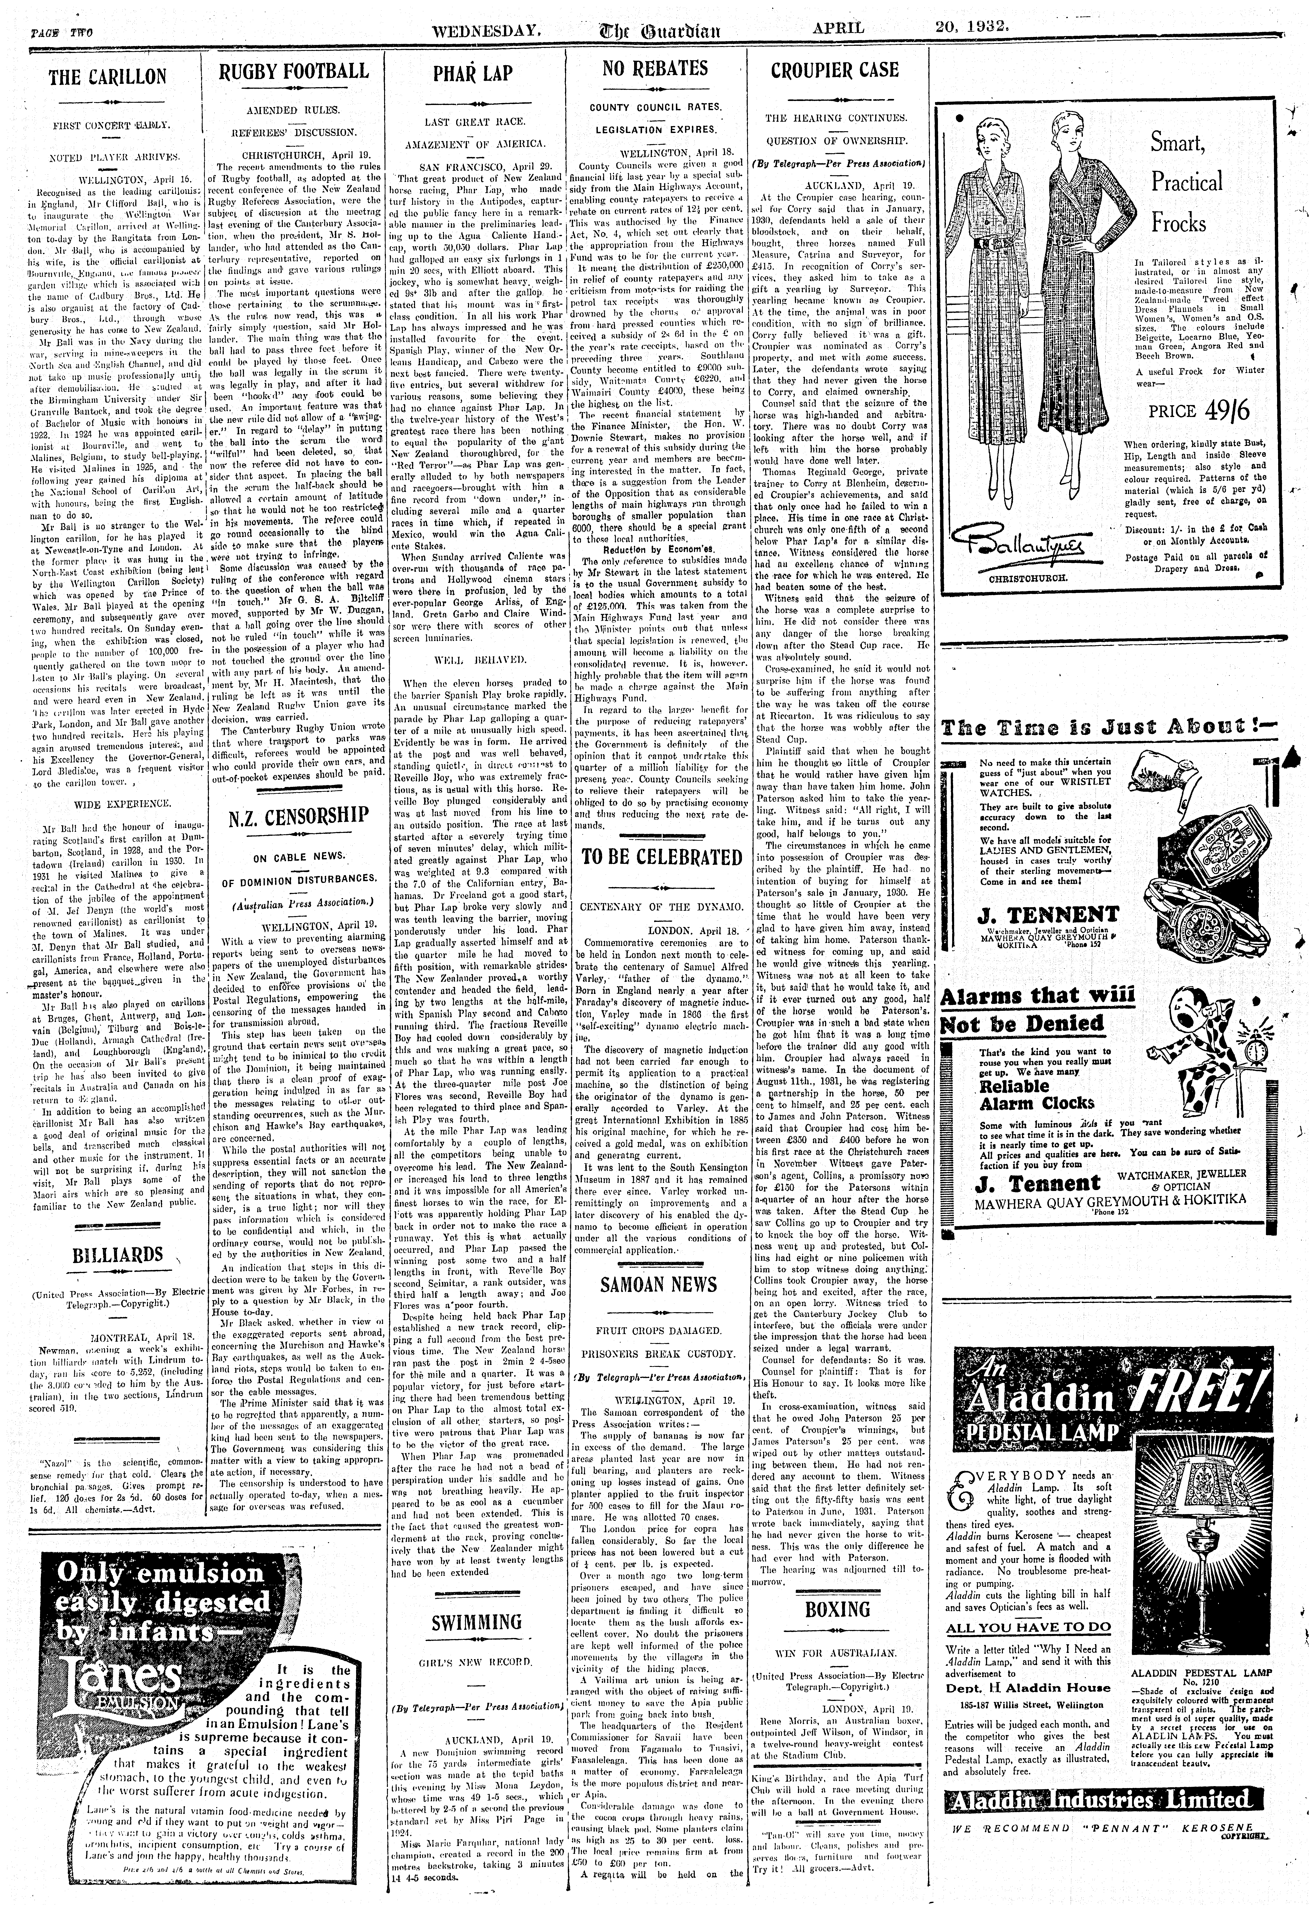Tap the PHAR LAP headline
(x=474, y=74)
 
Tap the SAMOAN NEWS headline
(x=658, y=1285)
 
